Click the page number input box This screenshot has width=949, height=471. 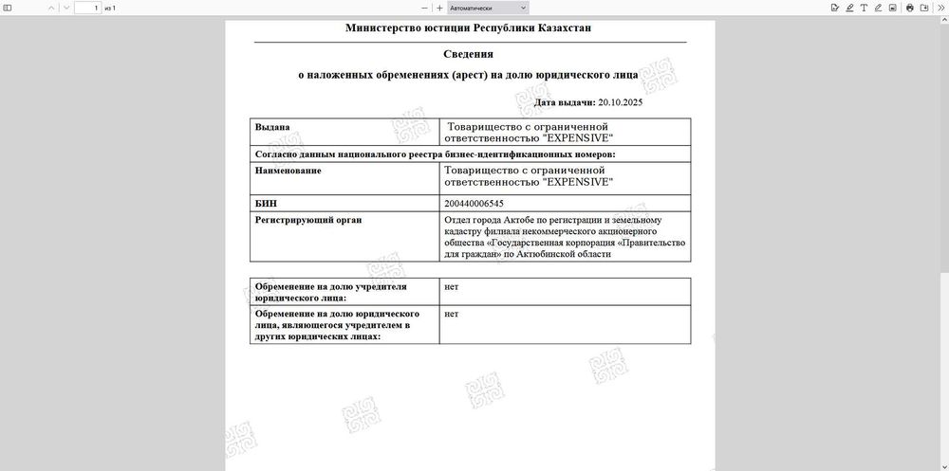tap(87, 8)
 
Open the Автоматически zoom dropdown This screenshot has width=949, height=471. tap(488, 8)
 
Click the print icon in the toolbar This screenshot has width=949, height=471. tap(909, 8)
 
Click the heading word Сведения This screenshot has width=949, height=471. tap(469, 54)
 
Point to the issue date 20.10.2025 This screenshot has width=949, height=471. tap(621, 102)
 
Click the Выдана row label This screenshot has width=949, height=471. tap(272, 126)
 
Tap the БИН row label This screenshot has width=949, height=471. tap(267, 203)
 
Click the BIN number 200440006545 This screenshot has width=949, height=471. tap(474, 204)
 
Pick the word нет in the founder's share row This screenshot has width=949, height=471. tap(451, 285)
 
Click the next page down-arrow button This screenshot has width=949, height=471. tap(65, 8)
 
